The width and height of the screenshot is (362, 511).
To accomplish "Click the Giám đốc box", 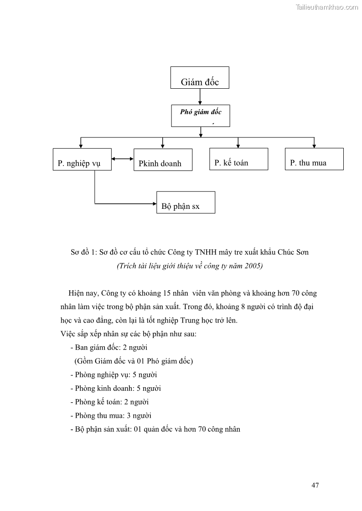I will (200, 77).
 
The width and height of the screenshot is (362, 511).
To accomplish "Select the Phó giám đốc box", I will (201, 116).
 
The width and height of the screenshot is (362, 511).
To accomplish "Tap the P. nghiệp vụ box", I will (82, 159).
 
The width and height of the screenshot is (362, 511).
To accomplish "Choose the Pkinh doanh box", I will (163, 160).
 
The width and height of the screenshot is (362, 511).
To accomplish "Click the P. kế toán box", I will (238, 159).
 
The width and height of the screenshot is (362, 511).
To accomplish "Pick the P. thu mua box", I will (314, 159).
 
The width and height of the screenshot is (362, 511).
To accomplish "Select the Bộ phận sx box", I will (186, 202).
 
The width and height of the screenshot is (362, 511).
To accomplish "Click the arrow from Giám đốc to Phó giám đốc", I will (200, 96).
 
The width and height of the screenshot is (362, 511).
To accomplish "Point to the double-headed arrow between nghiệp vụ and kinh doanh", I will (123, 159).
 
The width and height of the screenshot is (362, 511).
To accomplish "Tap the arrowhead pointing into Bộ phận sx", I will (154, 203).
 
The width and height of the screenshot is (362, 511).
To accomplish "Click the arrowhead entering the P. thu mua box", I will (314, 146).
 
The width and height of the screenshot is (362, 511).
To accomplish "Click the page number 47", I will (315, 485).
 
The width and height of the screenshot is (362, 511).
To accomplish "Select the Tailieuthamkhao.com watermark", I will (327, 7).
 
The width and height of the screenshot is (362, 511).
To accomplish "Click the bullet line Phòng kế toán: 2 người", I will (109, 402).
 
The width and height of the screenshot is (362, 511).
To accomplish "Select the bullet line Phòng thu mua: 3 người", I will (111, 415).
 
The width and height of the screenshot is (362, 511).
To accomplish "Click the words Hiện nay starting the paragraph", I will (83, 293).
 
